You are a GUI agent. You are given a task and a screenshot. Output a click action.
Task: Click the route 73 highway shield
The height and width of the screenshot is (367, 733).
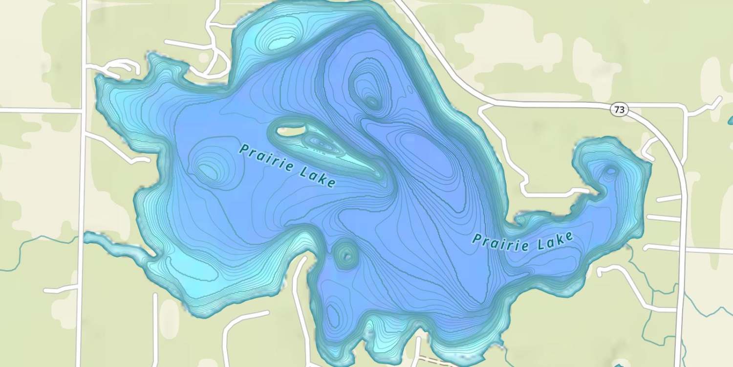(619, 110)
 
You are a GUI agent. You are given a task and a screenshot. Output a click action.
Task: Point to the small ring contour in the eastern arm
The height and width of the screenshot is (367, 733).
(611, 171)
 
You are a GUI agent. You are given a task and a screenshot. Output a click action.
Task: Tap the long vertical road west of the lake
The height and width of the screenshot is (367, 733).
(82, 196)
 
